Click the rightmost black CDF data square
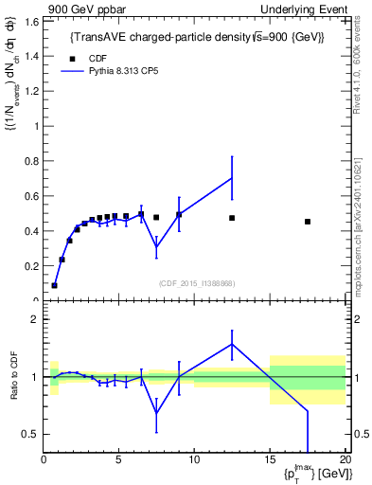click(x=308, y=222)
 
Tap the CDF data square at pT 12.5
click(x=232, y=218)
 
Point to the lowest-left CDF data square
click(x=55, y=285)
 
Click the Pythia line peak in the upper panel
click(x=232, y=178)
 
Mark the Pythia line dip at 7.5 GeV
click(x=156, y=247)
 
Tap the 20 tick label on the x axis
click(x=345, y=460)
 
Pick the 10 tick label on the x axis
click(x=194, y=460)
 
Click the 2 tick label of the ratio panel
click(x=33, y=319)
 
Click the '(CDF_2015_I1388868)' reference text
click(x=197, y=283)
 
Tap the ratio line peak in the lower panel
click(x=232, y=344)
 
